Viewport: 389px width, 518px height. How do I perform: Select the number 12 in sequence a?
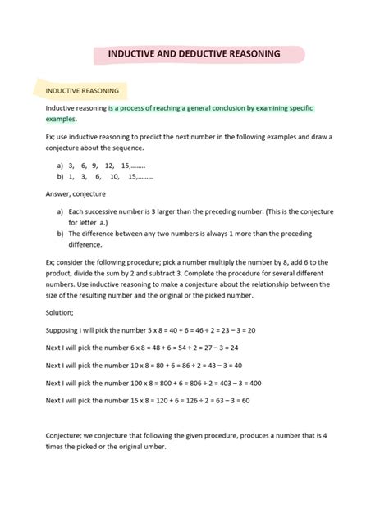click(109, 164)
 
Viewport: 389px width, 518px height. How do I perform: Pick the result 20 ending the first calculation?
click(251, 329)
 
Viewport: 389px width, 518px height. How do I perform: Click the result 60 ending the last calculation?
click(245, 400)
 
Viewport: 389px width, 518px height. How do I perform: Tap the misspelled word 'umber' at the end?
click(153, 447)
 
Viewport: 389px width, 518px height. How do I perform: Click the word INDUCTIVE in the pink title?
click(137, 53)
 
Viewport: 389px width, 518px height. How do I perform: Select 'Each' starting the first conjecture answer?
click(78, 211)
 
